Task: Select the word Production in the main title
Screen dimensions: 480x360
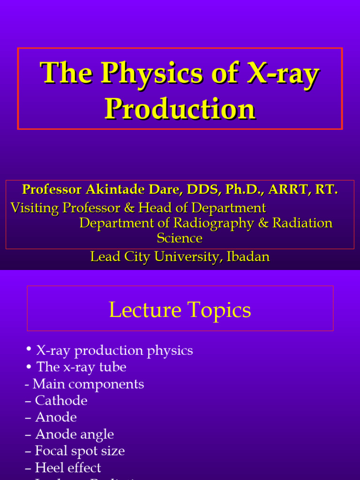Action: (x=180, y=109)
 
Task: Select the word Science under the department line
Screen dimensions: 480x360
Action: (x=180, y=238)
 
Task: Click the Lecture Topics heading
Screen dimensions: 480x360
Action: (x=180, y=310)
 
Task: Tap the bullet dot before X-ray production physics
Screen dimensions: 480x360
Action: (x=29, y=349)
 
